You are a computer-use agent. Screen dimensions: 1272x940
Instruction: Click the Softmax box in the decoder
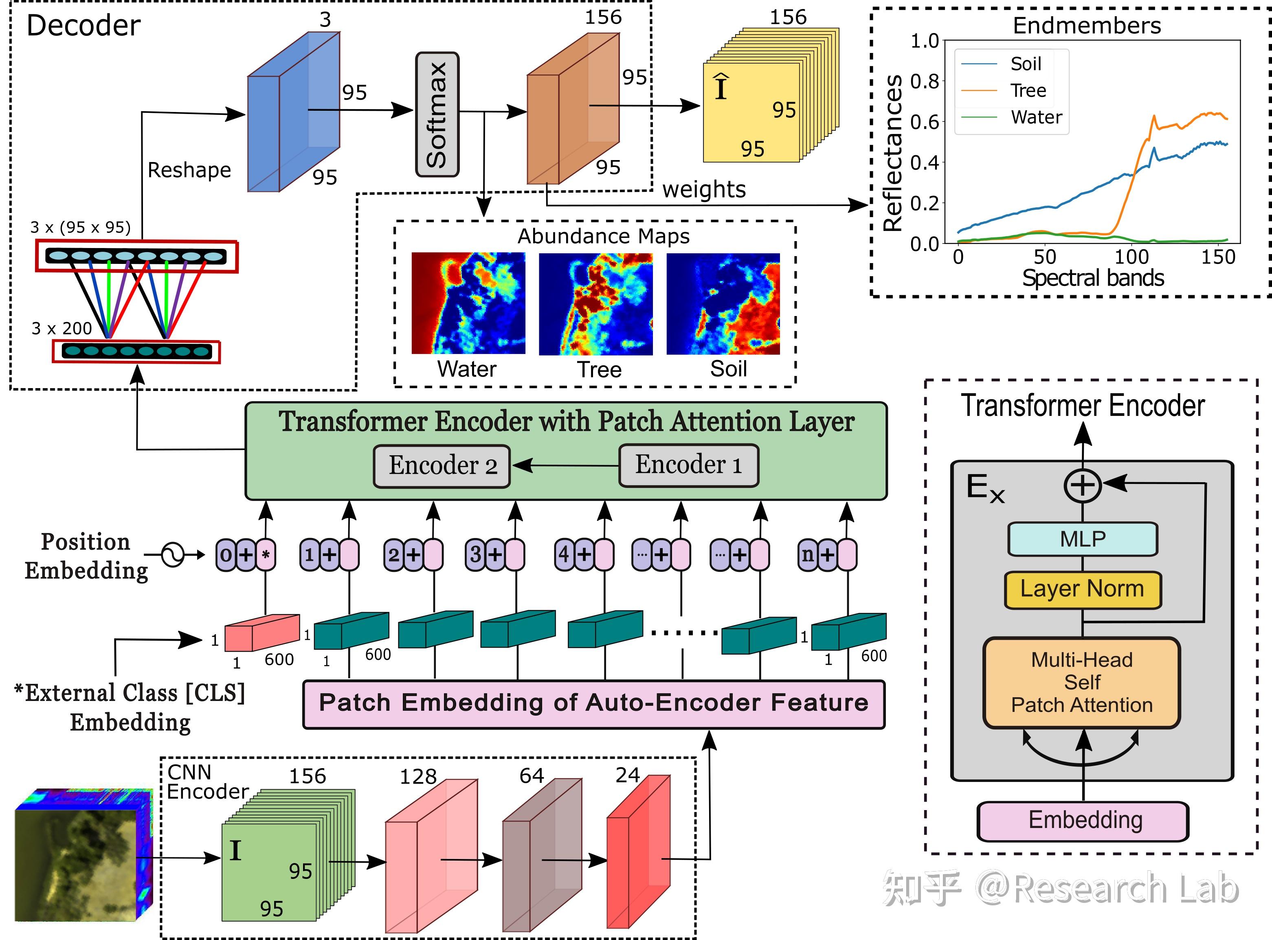point(437,114)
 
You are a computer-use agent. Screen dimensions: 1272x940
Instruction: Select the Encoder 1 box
point(688,466)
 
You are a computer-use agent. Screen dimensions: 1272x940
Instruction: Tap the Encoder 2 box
point(442,466)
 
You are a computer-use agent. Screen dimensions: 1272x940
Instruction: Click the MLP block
point(1083,539)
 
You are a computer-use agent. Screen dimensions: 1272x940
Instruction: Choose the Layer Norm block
point(1083,589)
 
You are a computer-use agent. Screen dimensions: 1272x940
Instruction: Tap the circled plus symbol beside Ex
point(1083,485)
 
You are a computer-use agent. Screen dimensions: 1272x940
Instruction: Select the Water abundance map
point(468,303)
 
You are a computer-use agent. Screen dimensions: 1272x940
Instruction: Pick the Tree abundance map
point(595,304)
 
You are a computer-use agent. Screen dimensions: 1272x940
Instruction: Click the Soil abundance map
point(723,304)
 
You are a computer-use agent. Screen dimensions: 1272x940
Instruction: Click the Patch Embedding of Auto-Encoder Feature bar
point(594,704)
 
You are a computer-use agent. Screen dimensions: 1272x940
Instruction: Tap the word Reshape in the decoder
point(189,170)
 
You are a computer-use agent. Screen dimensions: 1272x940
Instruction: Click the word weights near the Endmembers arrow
point(704,189)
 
